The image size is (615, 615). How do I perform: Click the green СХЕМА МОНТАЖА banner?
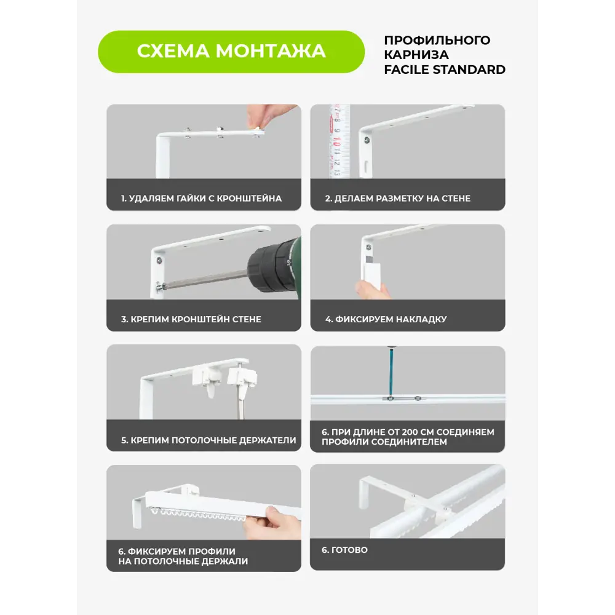[x=231, y=51]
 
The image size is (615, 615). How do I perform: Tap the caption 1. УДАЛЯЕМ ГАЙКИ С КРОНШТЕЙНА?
[x=201, y=199]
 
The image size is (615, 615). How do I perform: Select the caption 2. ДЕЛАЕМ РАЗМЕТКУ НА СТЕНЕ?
[x=397, y=199]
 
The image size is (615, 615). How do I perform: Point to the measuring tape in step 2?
[x=338, y=141]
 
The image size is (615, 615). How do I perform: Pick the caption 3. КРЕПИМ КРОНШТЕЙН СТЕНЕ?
[x=191, y=319]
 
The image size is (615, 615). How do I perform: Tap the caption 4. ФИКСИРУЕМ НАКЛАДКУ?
[x=386, y=319]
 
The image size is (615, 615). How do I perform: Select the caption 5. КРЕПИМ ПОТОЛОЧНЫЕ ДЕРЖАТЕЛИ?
[x=208, y=440]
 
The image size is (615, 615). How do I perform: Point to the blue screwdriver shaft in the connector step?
[x=389, y=369]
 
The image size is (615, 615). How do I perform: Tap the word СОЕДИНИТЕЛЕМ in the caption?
[x=408, y=442]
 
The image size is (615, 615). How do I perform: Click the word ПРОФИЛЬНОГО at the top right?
[x=437, y=41]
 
